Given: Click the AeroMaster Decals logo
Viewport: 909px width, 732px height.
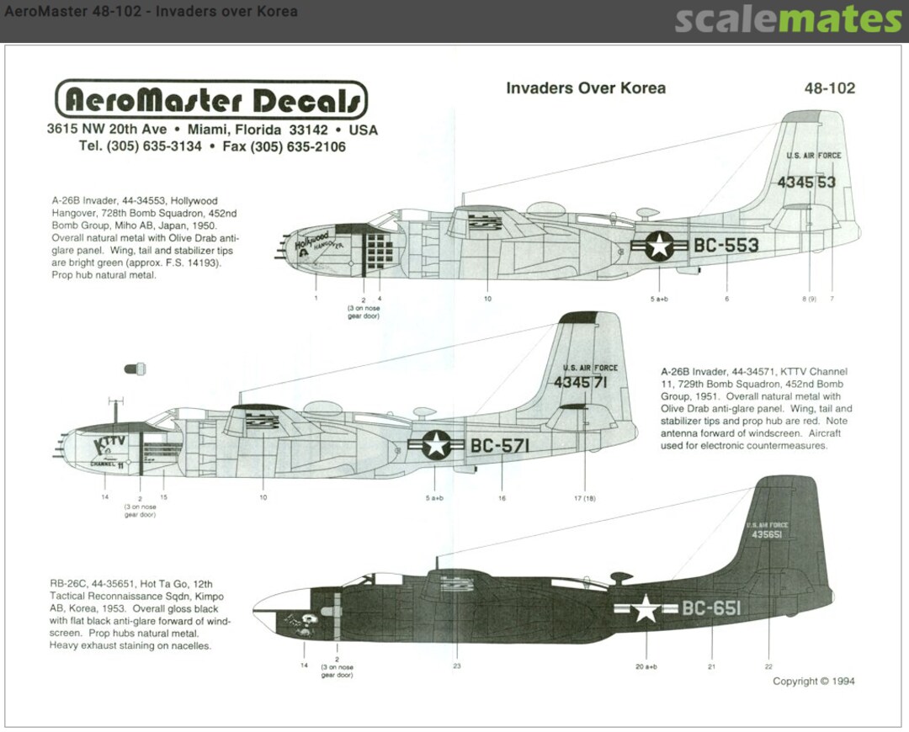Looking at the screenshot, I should tap(211, 101).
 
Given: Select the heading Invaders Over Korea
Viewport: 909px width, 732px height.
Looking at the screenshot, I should tap(586, 88).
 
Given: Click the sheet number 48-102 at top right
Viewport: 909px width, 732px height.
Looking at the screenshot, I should tap(830, 88).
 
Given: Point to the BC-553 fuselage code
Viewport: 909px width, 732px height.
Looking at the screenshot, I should tap(726, 245).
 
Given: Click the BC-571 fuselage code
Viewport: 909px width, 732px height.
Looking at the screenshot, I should tap(501, 446).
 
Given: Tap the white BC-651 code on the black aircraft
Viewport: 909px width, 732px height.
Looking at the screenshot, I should tap(711, 608).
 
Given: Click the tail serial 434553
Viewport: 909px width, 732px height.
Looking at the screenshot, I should tap(806, 182).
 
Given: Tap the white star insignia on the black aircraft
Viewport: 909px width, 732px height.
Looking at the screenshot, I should tap(646, 608).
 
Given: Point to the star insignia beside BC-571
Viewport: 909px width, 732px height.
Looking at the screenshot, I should tap(436, 445).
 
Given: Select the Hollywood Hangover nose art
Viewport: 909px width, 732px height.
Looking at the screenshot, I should tap(316, 244).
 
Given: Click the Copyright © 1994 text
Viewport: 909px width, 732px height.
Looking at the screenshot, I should tap(813, 682).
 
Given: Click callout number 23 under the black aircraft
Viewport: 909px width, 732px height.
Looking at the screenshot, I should tap(456, 665).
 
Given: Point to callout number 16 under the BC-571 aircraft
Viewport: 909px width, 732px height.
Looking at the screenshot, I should tap(502, 497).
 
